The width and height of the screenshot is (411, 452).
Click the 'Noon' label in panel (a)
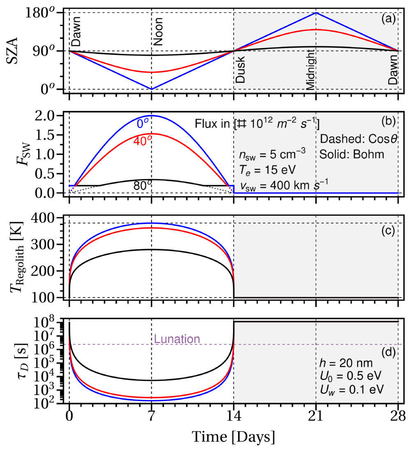point(158,31)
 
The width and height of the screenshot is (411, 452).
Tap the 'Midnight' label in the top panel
point(311,69)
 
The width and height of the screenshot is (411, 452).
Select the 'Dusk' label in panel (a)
point(240,69)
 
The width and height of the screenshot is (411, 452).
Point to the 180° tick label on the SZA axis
point(40,13)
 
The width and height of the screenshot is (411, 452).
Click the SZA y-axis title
point(12,51)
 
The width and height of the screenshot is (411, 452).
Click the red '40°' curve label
point(143,141)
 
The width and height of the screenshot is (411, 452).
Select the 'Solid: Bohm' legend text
point(351,155)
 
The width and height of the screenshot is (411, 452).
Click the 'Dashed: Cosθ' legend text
point(358,139)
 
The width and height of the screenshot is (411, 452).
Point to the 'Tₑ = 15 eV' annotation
point(268,170)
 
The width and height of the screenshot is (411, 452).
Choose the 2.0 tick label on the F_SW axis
point(48,116)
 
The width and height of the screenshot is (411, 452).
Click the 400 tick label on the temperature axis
point(43,218)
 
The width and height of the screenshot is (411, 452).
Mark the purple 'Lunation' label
point(177,339)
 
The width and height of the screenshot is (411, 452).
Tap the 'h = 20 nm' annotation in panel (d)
point(346,363)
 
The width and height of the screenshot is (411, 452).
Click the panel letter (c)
point(388,231)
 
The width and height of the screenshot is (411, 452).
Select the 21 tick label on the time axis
point(316,416)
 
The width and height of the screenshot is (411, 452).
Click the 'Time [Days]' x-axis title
point(233,437)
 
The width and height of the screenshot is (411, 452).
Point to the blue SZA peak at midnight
point(316,13)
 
